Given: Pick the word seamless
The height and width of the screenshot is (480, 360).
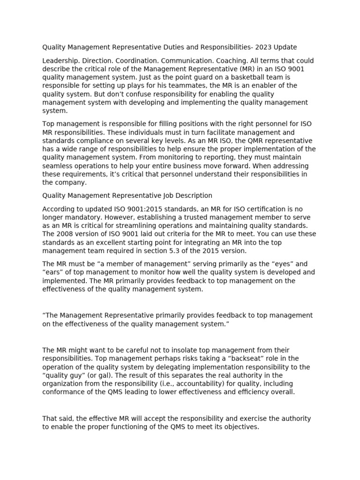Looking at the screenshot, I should [59, 166].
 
